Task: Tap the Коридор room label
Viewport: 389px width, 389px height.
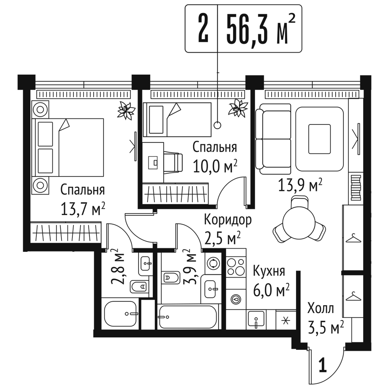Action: click(228, 220)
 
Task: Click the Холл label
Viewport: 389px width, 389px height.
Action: click(321, 308)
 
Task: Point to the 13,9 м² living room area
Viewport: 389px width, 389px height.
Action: click(300, 185)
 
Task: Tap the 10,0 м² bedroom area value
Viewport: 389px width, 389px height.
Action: click(215, 166)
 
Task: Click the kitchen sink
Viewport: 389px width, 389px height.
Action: click(256, 319)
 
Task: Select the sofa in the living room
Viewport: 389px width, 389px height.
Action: click(273, 139)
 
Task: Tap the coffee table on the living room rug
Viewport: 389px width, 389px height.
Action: click(320, 139)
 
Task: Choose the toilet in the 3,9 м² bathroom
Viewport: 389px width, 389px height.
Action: click(171, 277)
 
